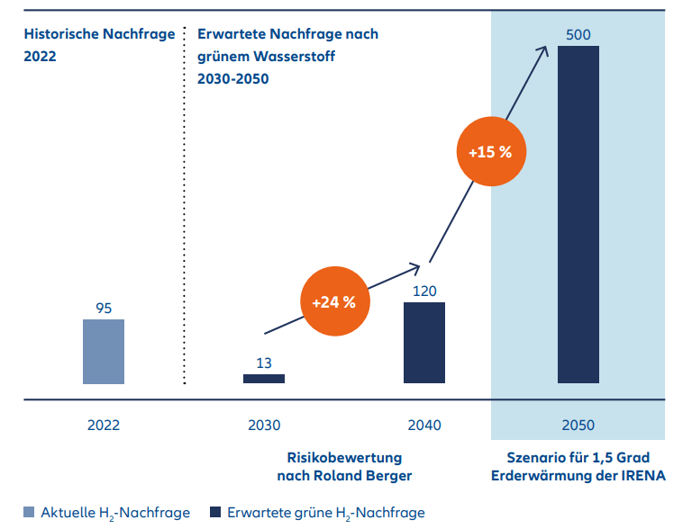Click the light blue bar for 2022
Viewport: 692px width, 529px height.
pos(104,351)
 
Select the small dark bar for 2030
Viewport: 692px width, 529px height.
pos(263,379)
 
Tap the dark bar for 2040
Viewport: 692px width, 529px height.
pos(423,343)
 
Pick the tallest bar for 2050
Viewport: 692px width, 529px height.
pos(578,215)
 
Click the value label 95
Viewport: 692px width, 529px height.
pos(104,308)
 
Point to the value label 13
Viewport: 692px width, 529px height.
pos(264,363)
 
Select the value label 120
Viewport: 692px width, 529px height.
pos(423,291)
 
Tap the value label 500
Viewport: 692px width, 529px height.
pos(578,34)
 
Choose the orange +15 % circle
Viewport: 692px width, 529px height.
pos(490,152)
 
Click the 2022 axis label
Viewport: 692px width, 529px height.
pos(104,425)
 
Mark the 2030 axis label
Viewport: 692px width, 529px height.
pos(264,425)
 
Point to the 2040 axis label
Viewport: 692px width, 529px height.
pos(423,425)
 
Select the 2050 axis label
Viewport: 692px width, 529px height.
pos(578,425)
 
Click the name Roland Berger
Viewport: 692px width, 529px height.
pos(375,475)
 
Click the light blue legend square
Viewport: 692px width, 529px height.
pos(30,513)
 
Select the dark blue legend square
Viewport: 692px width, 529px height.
pos(215,513)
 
